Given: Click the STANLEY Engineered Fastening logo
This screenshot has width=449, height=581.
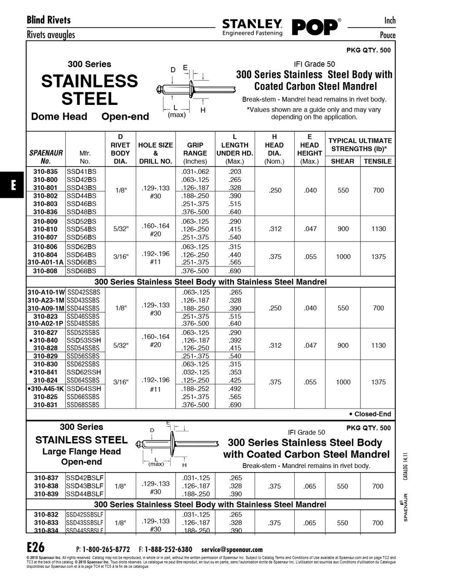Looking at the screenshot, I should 252,27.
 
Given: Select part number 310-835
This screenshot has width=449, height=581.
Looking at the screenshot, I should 45,172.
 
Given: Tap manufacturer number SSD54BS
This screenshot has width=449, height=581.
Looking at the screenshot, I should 82,229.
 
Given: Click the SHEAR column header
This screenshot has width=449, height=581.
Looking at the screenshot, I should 342,161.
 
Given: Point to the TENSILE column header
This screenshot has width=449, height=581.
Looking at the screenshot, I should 377,161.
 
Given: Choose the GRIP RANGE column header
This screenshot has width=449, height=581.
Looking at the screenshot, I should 195,149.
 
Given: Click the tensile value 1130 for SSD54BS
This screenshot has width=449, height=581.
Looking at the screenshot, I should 378,229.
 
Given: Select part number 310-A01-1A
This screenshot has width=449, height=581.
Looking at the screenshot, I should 46,262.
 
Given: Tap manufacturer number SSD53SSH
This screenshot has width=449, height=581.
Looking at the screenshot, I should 84,340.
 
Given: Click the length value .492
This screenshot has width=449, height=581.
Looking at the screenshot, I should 235,389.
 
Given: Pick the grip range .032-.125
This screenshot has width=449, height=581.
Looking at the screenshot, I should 195,372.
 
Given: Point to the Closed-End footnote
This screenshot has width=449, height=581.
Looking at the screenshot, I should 370,414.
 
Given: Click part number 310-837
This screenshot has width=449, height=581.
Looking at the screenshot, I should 46,478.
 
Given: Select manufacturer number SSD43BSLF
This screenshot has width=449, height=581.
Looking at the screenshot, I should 85,486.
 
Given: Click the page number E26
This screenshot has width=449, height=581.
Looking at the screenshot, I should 36,547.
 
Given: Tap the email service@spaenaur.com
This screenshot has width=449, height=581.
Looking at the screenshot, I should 232,549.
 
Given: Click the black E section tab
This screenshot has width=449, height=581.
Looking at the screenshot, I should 13,185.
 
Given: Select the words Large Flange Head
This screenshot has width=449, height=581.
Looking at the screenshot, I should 82,452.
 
